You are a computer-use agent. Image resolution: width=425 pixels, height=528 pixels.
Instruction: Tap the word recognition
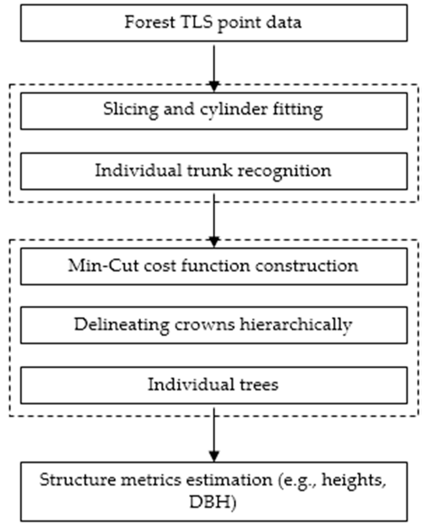tap(280, 171)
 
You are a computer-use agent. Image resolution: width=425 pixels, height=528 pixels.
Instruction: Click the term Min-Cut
tap(104, 265)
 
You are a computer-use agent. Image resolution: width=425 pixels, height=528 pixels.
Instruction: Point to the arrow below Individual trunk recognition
tap(214, 220)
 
